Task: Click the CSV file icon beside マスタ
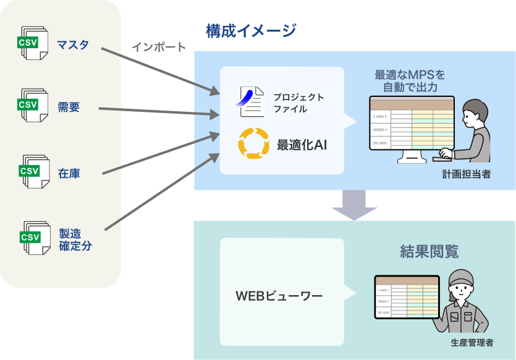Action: pyautogui.click(x=32, y=43)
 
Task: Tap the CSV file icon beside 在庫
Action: pyautogui.click(x=32, y=171)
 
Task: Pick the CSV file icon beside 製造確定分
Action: pyautogui.click(x=32, y=236)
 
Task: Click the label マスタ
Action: pyautogui.click(x=73, y=44)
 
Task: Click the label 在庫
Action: pyautogui.click(x=69, y=174)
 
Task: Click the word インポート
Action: pyautogui.click(x=158, y=47)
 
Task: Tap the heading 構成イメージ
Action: pyautogui.click(x=250, y=30)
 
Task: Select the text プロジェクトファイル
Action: pyautogui.click(x=298, y=103)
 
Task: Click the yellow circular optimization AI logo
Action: pyautogui.click(x=253, y=144)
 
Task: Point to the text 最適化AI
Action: pyautogui.click(x=302, y=145)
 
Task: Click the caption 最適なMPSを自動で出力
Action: pyautogui.click(x=410, y=81)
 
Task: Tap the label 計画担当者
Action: pyautogui.click(x=466, y=175)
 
